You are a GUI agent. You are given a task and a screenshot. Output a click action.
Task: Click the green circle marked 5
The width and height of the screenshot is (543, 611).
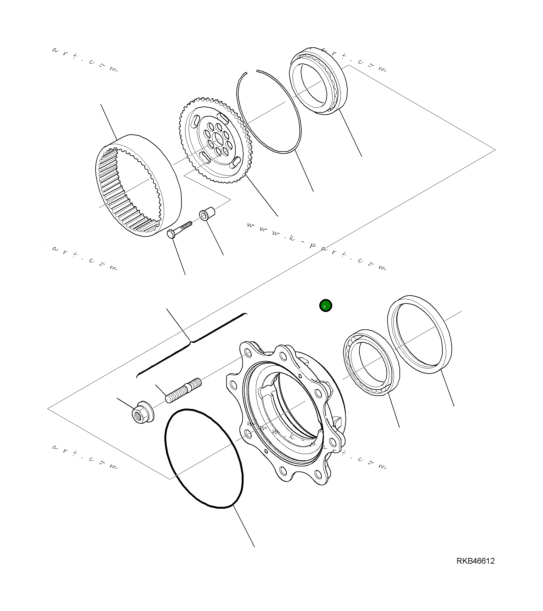(x=326, y=306)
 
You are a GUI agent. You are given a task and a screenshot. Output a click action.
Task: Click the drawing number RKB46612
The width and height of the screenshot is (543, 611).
(x=475, y=561)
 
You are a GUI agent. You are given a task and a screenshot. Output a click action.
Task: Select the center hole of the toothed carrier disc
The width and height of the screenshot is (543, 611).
(x=218, y=138)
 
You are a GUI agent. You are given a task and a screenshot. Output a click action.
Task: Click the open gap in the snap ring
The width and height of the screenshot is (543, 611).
(x=251, y=72)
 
